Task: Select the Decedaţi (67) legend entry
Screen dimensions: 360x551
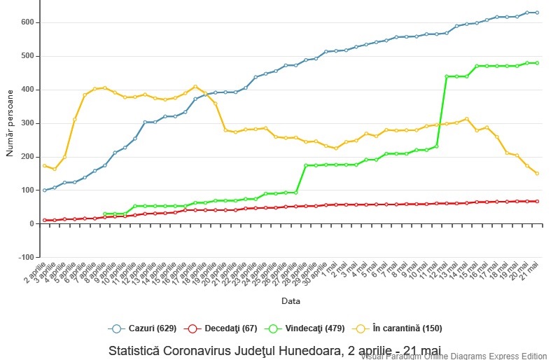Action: pos(228,328)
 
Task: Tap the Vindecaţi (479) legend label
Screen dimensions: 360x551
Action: pos(311,328)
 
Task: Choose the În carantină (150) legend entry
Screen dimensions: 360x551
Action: pos(402,328)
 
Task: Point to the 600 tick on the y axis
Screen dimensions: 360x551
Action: pos(27,22)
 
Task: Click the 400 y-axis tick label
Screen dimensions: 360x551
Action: pos(27,90)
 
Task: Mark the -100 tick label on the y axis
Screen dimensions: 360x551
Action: pos(25,257)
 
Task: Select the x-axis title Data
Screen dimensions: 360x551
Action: pos(291,301)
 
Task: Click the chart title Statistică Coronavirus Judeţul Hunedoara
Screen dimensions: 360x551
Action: pos(275,349)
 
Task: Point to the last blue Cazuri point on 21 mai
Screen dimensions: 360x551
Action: pos(537,13)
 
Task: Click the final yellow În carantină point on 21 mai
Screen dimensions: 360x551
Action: pos(537,173)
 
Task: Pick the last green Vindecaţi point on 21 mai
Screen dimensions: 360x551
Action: pos(537,63)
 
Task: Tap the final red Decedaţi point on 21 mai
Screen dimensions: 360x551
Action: pos(537,201)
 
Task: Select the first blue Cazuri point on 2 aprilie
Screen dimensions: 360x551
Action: pos(45,190)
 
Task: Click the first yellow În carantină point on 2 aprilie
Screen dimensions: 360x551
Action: pos(45,166)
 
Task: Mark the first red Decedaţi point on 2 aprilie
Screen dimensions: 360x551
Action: pos(45,220)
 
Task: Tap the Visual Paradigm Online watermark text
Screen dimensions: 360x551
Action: pos(455,356)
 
